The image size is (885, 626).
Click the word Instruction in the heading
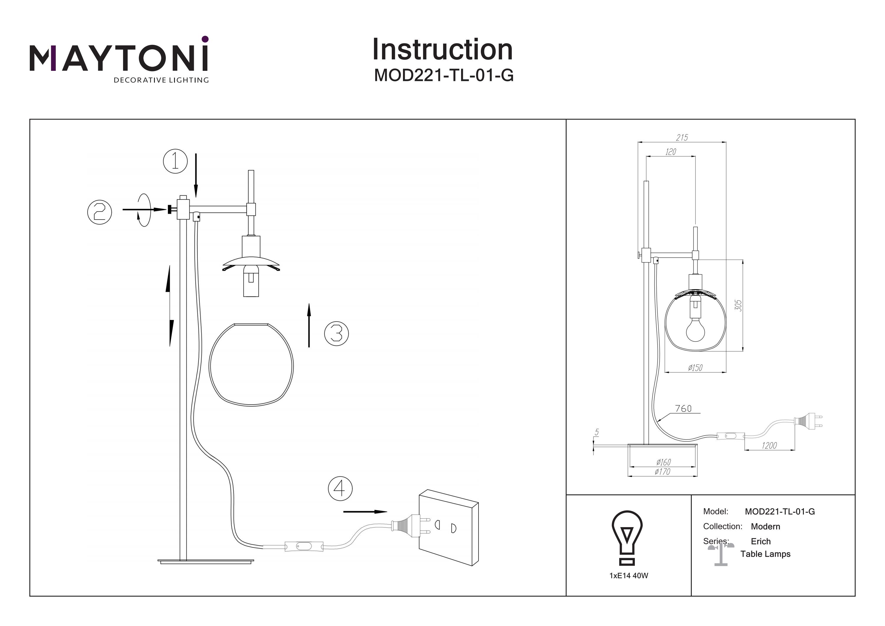(x=442, y=50)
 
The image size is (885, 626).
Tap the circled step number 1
(x=176, y=161)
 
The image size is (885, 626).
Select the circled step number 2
(x=99, y=212)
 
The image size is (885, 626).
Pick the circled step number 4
(x=340, y=489)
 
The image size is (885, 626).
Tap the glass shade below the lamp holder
(x=251, y=365)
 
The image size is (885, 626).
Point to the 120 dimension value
(x=671, y=152)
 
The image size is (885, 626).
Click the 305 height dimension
(x=738, y=305)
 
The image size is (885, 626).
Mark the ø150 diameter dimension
(x=695, y=367)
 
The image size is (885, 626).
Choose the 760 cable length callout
(x=684, y=408)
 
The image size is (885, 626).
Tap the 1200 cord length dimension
(x=769, y=445)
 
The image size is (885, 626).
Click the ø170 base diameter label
(x=662, y=471)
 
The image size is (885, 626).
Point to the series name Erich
(x=761, y=541)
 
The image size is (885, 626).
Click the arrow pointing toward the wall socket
(x=365, y=512)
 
